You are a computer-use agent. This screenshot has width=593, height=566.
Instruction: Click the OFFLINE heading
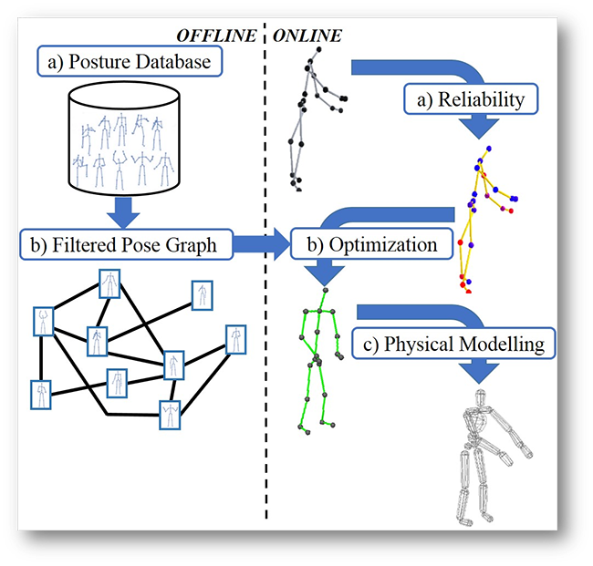point(218,36)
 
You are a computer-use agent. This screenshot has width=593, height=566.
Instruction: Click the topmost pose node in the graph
point(109,283)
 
